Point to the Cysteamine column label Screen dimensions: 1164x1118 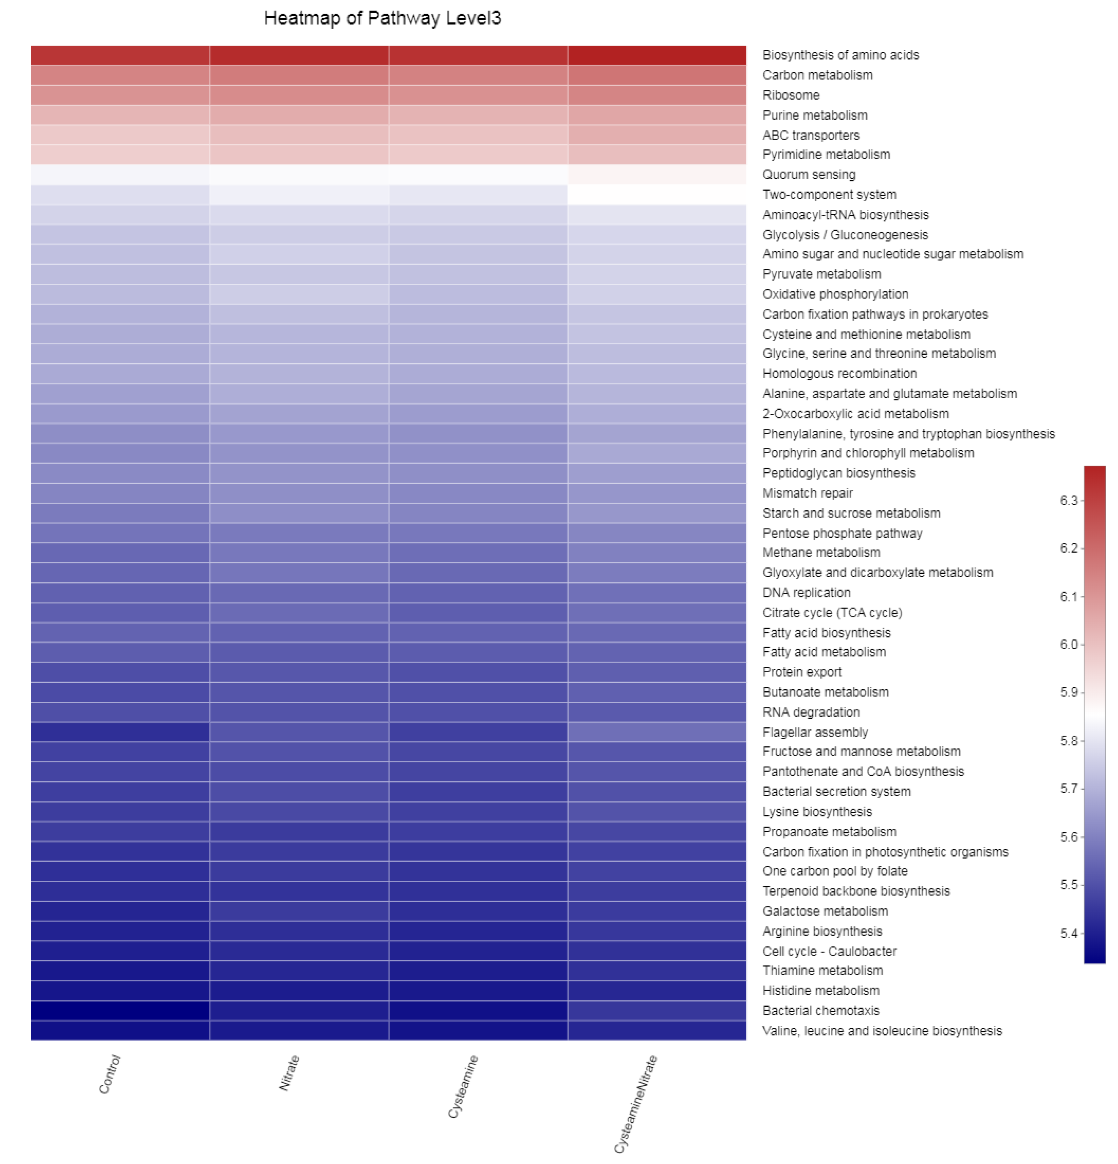pos(463,1086)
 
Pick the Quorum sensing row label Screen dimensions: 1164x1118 pos(808,175)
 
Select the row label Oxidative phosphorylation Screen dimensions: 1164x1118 pos(835,294)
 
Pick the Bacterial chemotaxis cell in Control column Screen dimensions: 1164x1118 pos(120,1011)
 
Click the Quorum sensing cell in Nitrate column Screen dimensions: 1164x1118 pos(299,175)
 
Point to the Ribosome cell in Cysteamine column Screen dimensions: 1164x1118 pos(478,95)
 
